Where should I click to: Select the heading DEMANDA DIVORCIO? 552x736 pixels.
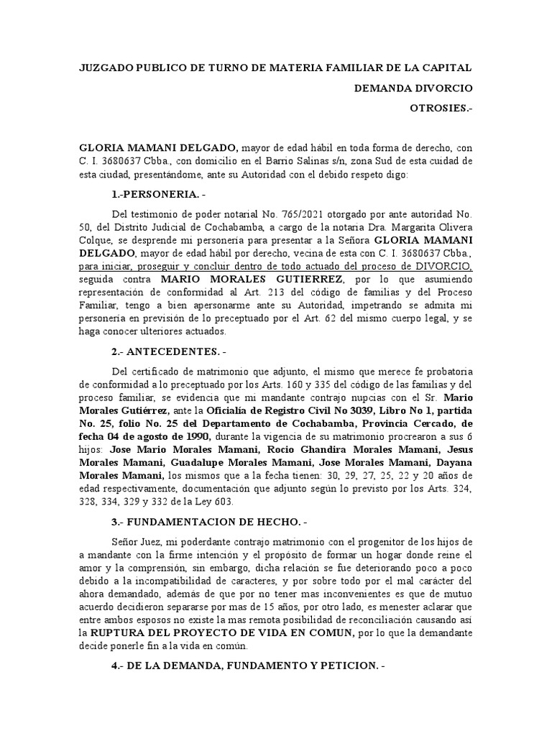tap(413, 88)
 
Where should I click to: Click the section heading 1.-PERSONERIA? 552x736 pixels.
tap(162, 195)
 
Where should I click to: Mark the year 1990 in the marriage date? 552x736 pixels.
tap(195, 436)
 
